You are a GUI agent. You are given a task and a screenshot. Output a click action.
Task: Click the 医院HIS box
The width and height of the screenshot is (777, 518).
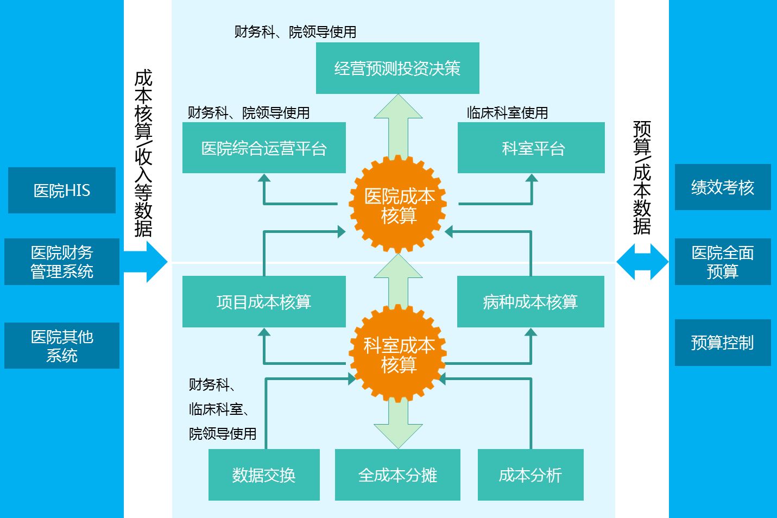(62, 190)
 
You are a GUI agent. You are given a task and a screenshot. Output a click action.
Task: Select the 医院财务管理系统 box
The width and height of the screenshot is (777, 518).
(62, 262)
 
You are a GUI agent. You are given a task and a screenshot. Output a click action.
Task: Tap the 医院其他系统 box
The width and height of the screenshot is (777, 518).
(62, 346)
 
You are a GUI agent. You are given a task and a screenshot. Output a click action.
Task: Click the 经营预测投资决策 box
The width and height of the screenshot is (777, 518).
(397, 68)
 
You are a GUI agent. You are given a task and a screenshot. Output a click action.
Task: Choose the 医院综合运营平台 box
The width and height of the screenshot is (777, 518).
(264, 148)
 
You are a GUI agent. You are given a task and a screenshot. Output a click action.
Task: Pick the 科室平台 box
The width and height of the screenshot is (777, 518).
(531, 148)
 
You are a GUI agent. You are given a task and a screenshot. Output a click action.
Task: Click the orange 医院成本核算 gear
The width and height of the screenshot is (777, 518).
(399, 205)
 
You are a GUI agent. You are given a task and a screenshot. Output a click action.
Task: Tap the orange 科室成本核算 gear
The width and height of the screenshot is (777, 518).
(399, 355)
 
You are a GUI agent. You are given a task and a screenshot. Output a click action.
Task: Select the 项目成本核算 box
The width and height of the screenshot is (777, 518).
(264, 302)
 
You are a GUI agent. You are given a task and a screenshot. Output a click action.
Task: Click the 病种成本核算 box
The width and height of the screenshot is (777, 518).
(530, 302)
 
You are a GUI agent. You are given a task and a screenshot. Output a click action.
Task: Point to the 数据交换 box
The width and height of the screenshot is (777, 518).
(264, 475)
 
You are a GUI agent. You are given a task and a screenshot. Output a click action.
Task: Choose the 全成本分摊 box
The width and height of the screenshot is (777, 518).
(397, 475)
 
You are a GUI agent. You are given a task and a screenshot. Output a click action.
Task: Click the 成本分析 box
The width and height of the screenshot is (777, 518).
(530, 475)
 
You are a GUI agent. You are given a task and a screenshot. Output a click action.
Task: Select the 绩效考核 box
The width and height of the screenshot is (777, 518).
(723, 187)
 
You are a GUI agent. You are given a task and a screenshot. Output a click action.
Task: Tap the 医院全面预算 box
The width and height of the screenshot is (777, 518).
(723, 262)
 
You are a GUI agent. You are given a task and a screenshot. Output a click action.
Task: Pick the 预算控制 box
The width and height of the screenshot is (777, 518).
(723, 343)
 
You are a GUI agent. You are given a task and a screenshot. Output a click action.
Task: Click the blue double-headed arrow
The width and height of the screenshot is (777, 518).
(642, 262)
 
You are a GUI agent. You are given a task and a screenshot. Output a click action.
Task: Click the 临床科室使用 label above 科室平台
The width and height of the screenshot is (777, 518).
(507, 113)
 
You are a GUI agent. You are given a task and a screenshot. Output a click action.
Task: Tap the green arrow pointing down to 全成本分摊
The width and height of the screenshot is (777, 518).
(399, 426)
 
